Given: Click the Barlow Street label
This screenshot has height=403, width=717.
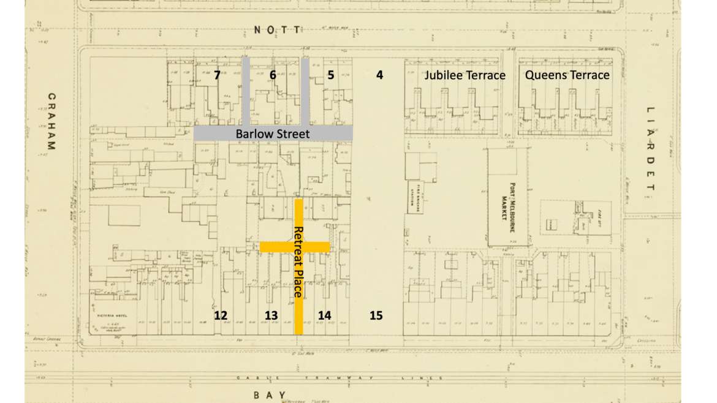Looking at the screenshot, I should coord(273,134).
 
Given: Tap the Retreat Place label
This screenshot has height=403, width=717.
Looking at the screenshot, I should coord(298,262).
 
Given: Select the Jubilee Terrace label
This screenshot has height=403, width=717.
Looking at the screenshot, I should coord(466,75).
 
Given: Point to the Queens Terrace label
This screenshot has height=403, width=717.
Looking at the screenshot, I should coord(567,75).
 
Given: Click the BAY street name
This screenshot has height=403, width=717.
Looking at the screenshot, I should coord(269,395).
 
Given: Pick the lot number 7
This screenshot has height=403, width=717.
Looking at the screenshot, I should coord(217,76).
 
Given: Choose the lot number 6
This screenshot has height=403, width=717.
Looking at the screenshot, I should coord(273,75).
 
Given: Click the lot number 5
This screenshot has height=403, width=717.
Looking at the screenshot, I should coord(331,76).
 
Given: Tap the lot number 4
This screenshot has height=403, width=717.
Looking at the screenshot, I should coord(379,75).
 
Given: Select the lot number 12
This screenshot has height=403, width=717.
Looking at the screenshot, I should coord(221,315).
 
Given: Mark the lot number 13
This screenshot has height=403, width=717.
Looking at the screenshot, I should coord(271,315).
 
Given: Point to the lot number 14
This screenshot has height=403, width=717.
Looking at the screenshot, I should coord(325,315).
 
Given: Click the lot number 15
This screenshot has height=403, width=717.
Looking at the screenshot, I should coord(376,315).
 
